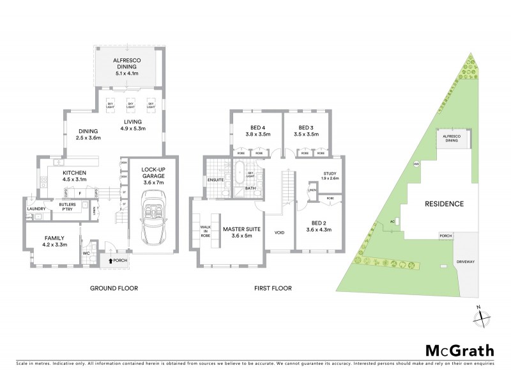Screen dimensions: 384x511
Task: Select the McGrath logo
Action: pos(459,351)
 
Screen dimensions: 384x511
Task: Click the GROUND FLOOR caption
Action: pos(114,289)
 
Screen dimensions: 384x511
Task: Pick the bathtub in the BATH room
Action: pos(239,174)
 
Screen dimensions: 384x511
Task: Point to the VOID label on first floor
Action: pos(278,233)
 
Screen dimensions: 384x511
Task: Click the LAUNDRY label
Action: pos(34,209)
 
